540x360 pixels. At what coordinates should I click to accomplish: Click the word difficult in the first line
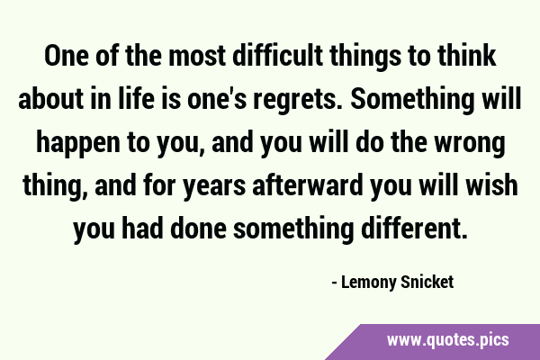(278, 56)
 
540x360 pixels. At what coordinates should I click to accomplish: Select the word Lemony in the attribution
(368, 283)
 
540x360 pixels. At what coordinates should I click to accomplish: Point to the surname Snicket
(427, 282)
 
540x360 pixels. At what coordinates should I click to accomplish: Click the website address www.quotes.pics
(447, 340)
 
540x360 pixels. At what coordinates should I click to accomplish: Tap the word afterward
(308, 185)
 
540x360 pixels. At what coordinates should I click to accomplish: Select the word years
(214, 187)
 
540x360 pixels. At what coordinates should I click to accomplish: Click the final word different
(415, 228)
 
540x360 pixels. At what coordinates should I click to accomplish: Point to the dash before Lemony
(334, 283)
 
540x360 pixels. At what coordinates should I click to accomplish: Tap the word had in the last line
(142, 228)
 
